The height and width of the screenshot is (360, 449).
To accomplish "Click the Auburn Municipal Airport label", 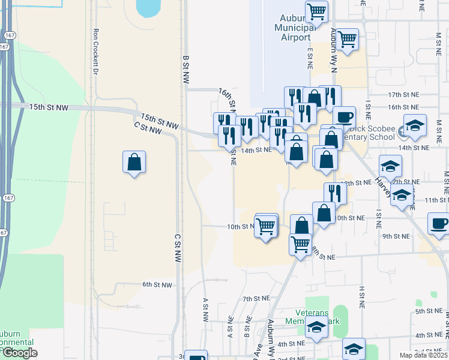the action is pyautogui.click(x=295, y=28).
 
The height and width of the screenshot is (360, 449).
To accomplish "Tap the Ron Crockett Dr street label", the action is pyautogui.click(x=95, y=52).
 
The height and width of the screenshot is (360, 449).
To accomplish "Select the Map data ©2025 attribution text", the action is pyautogui.click(x=423, y=355).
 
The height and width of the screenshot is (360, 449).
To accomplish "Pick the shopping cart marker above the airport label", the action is pyautogui.click(x=316, y=10).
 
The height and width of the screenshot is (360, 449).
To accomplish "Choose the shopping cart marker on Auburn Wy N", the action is pyautogui.click(x=347, y=39).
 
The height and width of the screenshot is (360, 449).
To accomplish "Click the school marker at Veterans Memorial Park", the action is pyautogui.click(x=316, y=327).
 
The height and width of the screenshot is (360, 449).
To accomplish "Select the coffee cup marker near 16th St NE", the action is pyautogui.click(x=344, y=116).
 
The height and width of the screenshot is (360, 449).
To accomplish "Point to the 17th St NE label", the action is pyautogui.click(x=402, y=95).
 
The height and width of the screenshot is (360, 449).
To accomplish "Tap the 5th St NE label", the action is pyautogui.click(x=429, y=311).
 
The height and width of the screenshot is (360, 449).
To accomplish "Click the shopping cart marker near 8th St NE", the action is pyautogui.click(x=300, y=244).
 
